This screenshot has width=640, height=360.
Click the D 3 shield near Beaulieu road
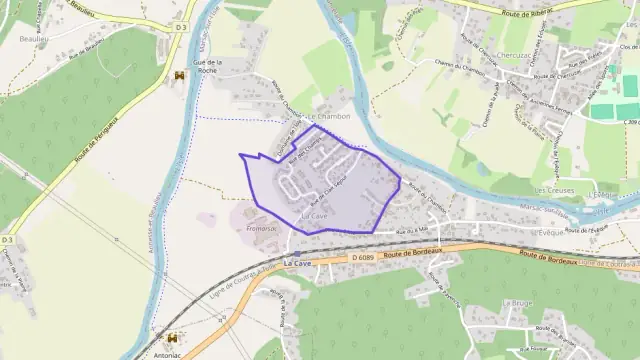180,27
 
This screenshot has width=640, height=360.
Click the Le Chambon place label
329,116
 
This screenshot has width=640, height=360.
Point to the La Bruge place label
518,301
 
